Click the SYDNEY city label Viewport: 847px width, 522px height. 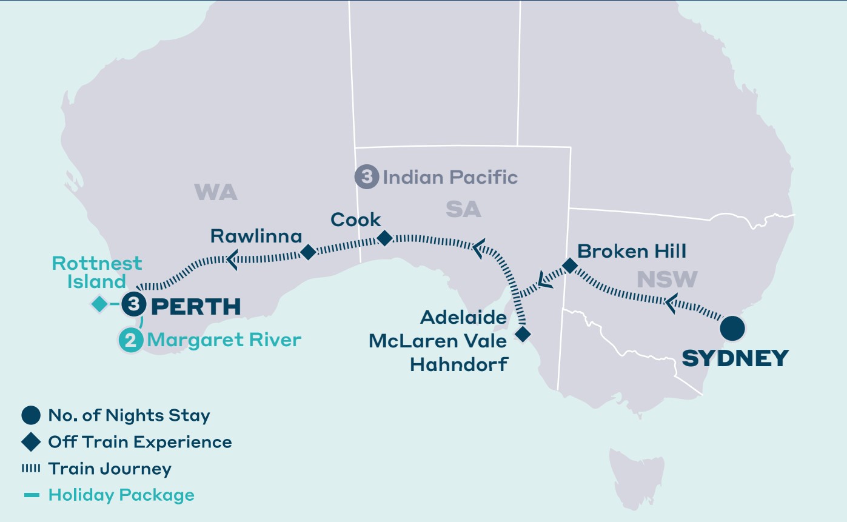pos(735,358)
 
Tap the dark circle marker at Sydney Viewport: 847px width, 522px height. pos(732,329)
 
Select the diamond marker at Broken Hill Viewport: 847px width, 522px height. pos(569,266)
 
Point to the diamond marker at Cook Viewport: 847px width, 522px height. pos(384,238)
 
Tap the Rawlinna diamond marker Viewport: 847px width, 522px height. pos(308,252)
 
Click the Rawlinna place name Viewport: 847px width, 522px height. pos(255,235)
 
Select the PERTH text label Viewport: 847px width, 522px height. pos(195,307)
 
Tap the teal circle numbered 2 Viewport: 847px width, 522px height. pos(130,340)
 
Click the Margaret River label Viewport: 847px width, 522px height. pos(224,340)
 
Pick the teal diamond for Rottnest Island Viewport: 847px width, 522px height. pos(99,304)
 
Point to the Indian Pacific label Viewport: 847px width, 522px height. pos(450,177)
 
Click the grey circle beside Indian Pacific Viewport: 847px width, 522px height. pos(366,177)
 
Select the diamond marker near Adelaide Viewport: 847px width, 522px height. pos(523,334)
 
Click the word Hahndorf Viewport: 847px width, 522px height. pos(458,365)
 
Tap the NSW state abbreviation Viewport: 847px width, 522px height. pos(667,279)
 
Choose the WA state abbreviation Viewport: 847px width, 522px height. pos(216,193)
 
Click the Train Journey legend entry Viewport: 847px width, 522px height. pos(109,469)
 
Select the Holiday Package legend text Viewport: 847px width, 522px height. pos(121,495)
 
